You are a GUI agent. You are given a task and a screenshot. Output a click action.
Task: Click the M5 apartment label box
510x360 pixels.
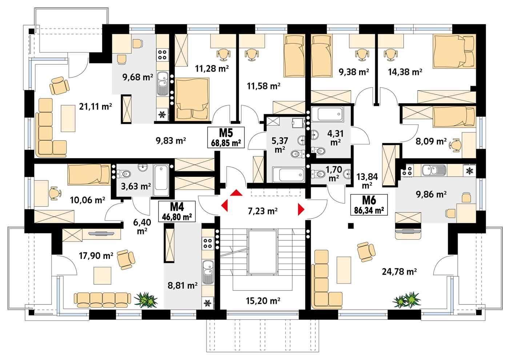(226, 137)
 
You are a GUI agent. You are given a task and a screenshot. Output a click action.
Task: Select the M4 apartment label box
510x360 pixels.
(177, 212)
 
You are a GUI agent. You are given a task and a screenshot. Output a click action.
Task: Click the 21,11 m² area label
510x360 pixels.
(95, 107)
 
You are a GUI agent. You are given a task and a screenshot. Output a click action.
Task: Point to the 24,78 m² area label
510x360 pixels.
(399, 271)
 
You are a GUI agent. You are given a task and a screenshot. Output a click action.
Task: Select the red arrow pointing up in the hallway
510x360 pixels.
(236, 193)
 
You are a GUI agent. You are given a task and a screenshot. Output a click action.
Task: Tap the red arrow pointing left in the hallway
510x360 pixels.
(224, 207)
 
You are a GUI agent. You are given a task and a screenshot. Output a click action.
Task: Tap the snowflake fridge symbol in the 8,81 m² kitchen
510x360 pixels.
(207, 303)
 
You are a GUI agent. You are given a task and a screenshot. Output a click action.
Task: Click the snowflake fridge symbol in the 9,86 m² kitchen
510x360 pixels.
(470, 171)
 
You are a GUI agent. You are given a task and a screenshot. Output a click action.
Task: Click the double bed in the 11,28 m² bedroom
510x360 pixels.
(192, 100)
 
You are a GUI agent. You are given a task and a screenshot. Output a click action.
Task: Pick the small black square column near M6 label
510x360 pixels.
(350, 226)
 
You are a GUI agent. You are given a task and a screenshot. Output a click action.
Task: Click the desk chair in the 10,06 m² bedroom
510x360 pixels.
(53, 193)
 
